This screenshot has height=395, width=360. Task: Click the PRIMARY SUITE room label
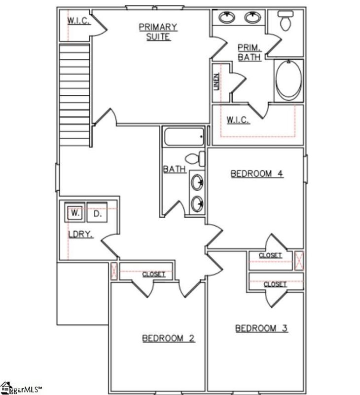pyautogui.click(x=158, y=31)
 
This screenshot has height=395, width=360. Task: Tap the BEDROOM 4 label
pyautogui.click(x=257, y=173)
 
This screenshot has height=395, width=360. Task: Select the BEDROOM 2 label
pyautogui.click(x=168, y=338)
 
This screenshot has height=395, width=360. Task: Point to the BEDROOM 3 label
pyautogui.click(x=261, y=328)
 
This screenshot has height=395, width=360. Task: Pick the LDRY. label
pyautogui.click(x=80, y=235)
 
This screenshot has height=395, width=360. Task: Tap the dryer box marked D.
pyautogui.click(x=97, y=214)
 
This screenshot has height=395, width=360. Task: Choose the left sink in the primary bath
pyautogui.click(x=227, y=18)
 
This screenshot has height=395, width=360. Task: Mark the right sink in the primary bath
pyautogui.click(x=253, y=18)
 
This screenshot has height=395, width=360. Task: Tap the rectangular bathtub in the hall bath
pyautogui.click(x=183, y=136)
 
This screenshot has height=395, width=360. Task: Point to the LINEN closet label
pyautogui.click(x=216, y=82)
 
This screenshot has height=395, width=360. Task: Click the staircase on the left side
pyautogui.click(x=74, y=94)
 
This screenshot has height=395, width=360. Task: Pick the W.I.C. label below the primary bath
pyautogui.click(x=238, y=119)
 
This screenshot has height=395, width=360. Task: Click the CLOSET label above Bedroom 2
pyautogui.click(x=154, y=274)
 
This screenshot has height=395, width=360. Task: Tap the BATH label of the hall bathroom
pyautogui.click(x=175, y=169)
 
